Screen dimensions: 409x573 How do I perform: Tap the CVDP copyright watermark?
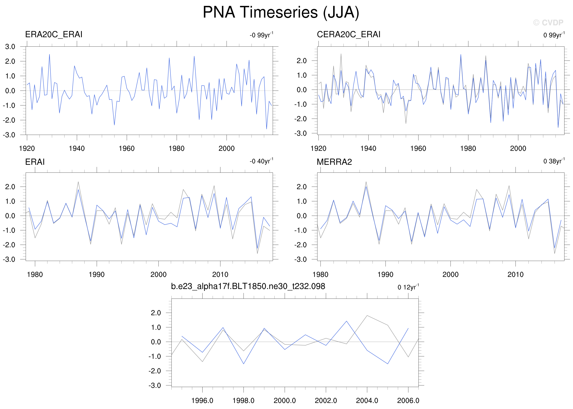[548, 23]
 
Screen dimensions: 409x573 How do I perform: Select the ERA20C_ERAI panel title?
[54, 34]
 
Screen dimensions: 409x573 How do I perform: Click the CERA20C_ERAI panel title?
[348, 34]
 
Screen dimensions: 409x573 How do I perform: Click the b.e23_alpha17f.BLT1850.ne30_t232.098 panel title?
[248, 286]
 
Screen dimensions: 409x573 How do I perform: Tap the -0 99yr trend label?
[261, 35]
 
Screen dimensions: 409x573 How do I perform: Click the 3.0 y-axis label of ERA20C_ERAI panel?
[10, 47]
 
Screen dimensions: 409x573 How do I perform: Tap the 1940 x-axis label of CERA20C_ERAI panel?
[368, 148]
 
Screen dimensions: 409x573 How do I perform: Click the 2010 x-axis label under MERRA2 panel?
[515, 274]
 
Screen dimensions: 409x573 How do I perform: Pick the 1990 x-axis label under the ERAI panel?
[97, 274]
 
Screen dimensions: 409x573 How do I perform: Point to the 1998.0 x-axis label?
[243, 400]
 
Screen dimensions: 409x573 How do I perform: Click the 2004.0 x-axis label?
[367, 400]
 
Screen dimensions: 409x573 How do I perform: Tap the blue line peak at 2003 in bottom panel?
[347, 321]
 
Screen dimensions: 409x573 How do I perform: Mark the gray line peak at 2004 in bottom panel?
[367, 315]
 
